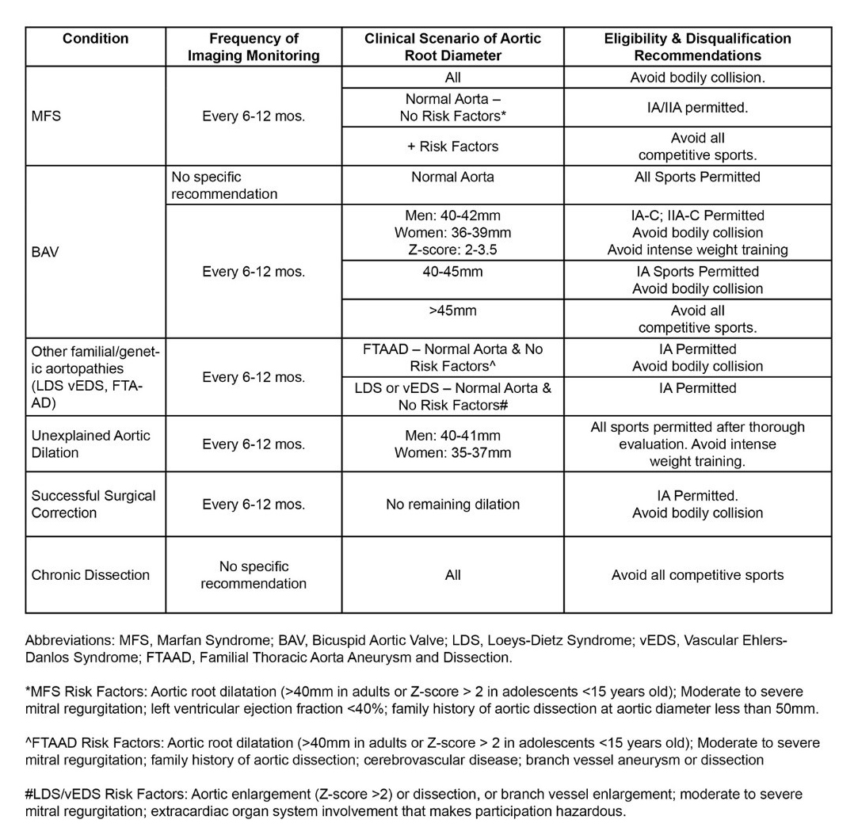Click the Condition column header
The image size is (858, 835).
tap(95, 39)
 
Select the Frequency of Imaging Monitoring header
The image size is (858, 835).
tap(254, 47)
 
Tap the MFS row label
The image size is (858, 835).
tap(46, 116)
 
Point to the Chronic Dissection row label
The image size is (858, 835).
tap(90, 575)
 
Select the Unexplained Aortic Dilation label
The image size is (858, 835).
tap(90, 444)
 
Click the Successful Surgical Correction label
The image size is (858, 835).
tap(93, 504)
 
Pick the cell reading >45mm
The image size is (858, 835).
tap(452, 311)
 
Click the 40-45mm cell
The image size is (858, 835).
tap(452, 272)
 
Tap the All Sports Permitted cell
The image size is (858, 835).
tap(697, 177)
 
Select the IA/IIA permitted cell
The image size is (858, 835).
tap(697, 108)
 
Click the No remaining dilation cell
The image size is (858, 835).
tap(452, 504)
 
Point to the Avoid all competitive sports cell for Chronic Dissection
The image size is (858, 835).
tap(697, 575)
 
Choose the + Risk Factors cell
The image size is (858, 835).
tap(452, 147)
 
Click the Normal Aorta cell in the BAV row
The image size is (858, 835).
tap(452, 177)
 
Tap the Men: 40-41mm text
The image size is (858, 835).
tap(452, 436)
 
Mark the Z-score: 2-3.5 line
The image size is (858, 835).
tap(452, 250)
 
